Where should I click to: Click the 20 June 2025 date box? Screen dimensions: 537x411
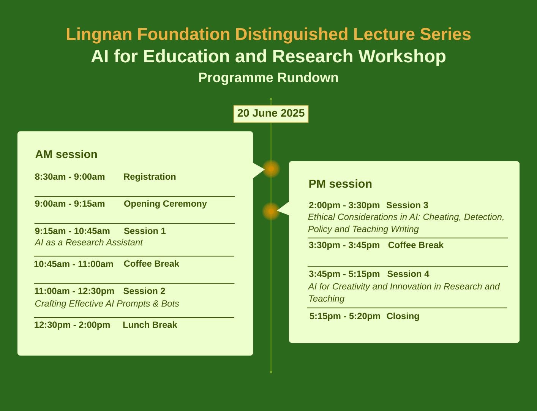click(271, 114)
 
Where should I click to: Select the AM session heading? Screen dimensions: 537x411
click(66, 154)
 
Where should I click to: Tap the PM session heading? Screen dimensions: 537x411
click(340, 184)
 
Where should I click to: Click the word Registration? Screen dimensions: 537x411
click(150, 177)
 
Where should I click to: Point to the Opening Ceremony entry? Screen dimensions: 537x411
click(165, 204)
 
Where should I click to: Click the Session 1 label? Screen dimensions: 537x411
click(145, 231)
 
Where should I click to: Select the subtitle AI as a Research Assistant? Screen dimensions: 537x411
click(88, 242)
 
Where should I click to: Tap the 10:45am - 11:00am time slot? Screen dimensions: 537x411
click(74, 264)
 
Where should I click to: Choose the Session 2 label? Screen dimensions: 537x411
click(144, 291)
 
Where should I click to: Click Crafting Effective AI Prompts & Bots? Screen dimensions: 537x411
click(107, 304)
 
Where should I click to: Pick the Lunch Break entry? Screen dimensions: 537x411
click(150, 325)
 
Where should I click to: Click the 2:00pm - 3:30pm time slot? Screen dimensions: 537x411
click(344, 205)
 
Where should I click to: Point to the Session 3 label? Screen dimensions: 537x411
click(407, 205)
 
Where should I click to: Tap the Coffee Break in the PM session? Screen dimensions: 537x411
click(415, 245)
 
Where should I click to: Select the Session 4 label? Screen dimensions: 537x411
click(408, 274)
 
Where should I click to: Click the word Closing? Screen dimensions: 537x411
click(403, 316)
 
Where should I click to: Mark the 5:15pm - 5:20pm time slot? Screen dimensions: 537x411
click(345, 316)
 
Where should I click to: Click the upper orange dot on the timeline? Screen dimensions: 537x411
click(271, 169)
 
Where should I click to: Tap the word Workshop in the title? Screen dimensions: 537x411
click(402, 56)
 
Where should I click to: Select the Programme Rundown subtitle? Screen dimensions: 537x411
click(268, 78)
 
